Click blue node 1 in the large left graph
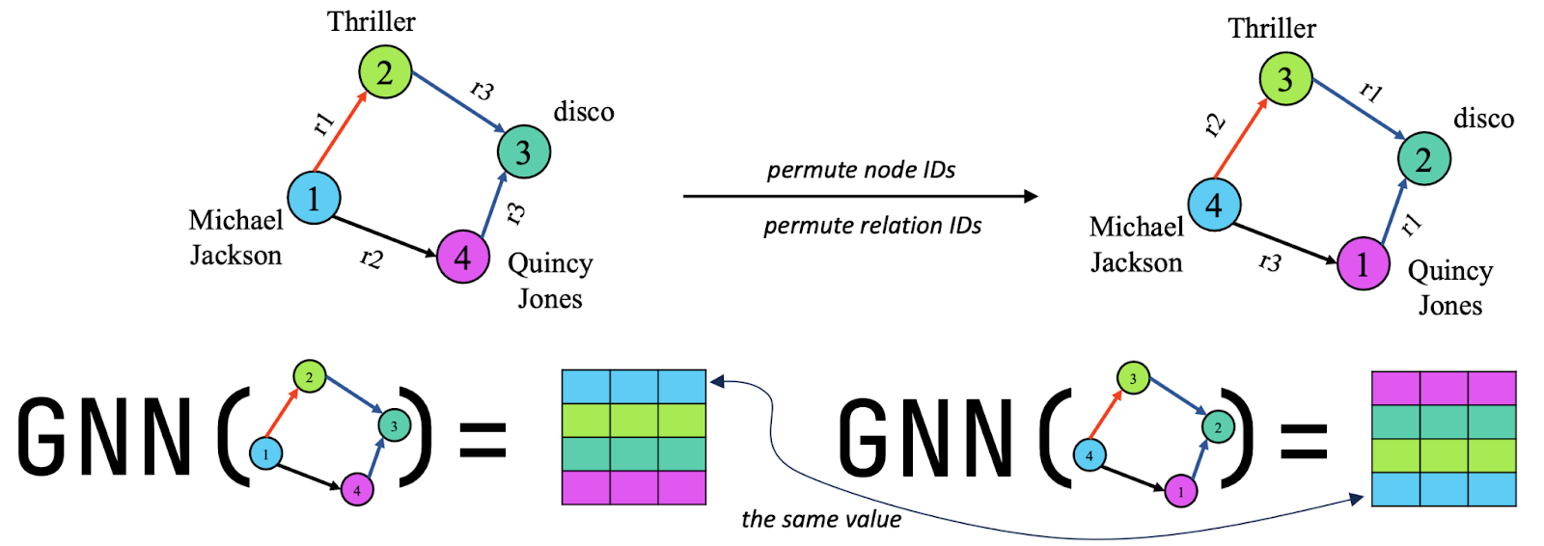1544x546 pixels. click(x=314, y=198)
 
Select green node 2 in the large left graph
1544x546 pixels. click(x=385, y=72)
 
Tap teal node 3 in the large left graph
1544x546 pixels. click(x=523, y=151)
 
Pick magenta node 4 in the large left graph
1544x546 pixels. click(x=462, y=257)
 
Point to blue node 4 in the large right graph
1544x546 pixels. click(x=1214, y=205)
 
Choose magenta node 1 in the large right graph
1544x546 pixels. click(x=1363, y=263)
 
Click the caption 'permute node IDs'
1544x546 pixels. click(x=861, y=171)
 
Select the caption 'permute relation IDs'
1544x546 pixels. click(x=872, y=226)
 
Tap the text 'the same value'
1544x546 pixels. click(x=821, y=520)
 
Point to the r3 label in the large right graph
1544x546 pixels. click(x=1271, y=261)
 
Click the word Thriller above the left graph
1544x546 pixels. click(x=371, y=21)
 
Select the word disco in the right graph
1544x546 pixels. click(x=1483, y=119)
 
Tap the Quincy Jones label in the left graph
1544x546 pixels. click(x=549, y=281)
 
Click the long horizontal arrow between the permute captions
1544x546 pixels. click(x=859, y=196)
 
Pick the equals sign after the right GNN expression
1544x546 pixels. click(x=1304, y=441)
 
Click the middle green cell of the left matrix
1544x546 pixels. click(x=634, y=421)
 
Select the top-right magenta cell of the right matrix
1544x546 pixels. click(x=1492, y=388)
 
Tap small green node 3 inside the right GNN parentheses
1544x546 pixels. click(x=1133, y=378)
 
